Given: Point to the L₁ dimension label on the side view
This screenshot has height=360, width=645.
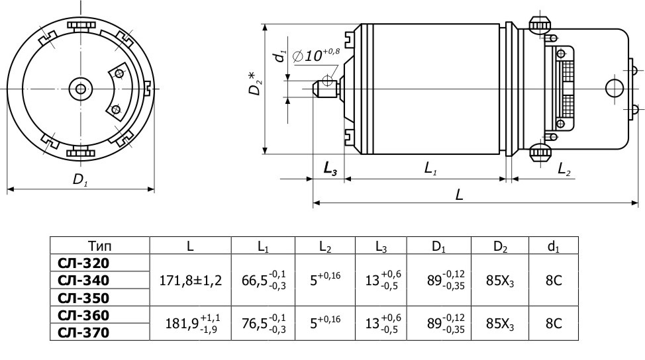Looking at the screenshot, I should click(x=430, y=169).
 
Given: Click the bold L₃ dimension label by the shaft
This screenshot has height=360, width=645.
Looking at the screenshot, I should click(x=330, y=169).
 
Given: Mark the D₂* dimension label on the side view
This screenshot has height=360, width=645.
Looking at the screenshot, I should click(x=255, y=80).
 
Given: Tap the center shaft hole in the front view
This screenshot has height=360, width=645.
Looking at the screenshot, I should click(x=81, y=89).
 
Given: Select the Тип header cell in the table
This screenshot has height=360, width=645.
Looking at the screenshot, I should click(x=100, y=246).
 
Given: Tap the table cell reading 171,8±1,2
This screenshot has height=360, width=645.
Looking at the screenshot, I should click(x=189, y=280).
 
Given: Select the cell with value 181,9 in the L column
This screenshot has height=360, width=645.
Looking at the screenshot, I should click(x=191, y=324).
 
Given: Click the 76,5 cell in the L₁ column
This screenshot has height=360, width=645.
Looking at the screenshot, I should click(x=263, y=324).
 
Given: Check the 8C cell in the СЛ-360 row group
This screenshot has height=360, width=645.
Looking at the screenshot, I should click(x=553, y=324).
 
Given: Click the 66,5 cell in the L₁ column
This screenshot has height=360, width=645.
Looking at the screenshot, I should click(x=263, y=280).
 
